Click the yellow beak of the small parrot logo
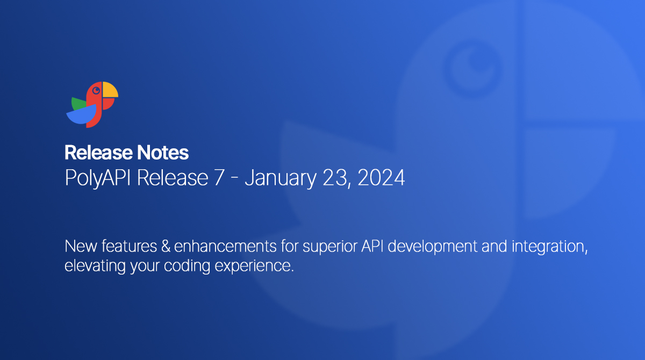pyautogui.click(x=110, y=90)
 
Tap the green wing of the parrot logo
pyautogui.click(x=79, y=103)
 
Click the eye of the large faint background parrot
pyautogui.click(x=473, y=62)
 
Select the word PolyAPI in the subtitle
pyautogui.click(x=98, y=178)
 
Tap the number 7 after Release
pyautogui.click(x=218, y=178)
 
